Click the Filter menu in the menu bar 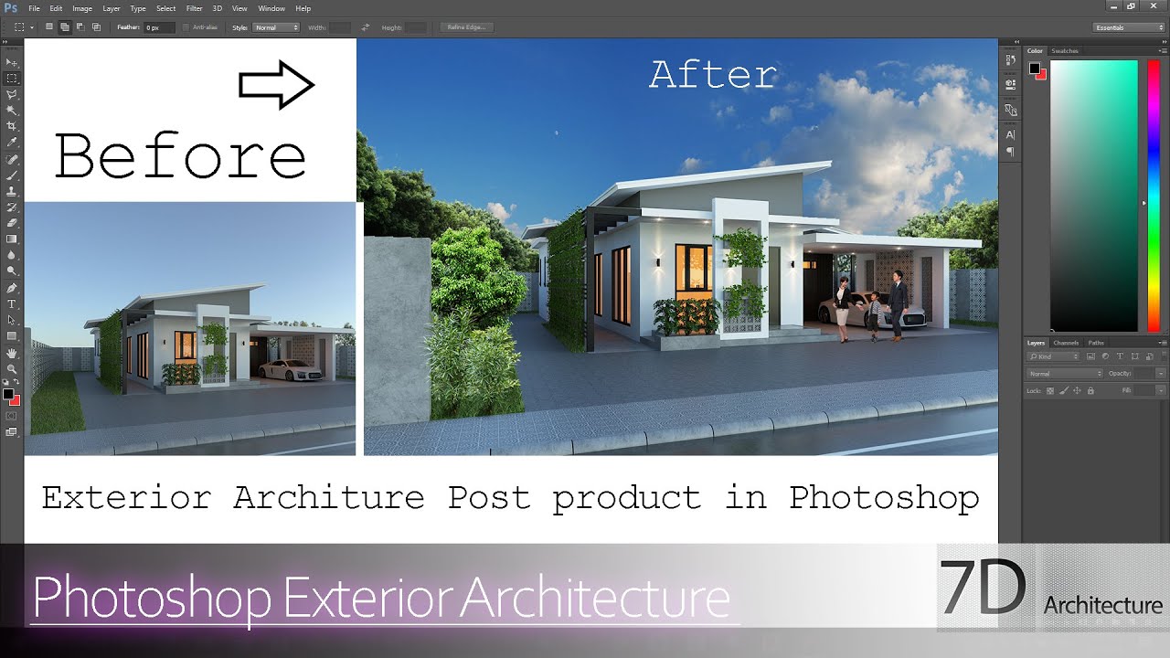tap(194, 8)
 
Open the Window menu tap(271, 8)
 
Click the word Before tap(180, 156)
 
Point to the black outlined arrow tap(276, 85)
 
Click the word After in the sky tap(712, 75)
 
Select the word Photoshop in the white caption tap(884, 498)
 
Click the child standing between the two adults tap(876, 314)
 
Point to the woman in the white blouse tap(842, 307)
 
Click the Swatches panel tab tap(1065, 51)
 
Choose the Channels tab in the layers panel tap(1066, 343)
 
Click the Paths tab tap(1095, 343)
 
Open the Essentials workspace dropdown tap(1130, 27)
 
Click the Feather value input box tap(158, 27)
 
